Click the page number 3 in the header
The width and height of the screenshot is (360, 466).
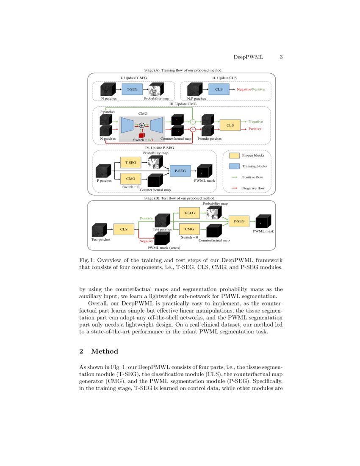coord(281,57)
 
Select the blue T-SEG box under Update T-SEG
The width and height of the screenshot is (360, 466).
coord(132,89)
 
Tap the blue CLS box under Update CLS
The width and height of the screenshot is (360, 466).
coord(219,89)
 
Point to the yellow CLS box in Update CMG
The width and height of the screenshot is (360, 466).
coord(230,125)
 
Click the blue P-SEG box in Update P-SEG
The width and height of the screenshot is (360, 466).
coord(180,170)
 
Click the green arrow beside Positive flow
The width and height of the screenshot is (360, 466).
coord(234,177)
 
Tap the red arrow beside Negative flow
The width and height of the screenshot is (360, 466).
coord(234,188)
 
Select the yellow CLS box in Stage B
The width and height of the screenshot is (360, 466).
coord(124,229)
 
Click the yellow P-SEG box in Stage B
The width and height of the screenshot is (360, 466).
coord(239,221)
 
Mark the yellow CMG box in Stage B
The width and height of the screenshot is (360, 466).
coord(189,229)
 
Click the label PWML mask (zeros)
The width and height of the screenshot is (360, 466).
coord(163,247)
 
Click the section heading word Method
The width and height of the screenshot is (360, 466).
coord(104,351)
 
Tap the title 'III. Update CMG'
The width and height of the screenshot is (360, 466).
coord(183,103)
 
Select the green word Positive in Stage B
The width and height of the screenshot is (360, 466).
coord(146,218)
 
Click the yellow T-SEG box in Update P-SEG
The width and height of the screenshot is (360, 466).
coord(131,162)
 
